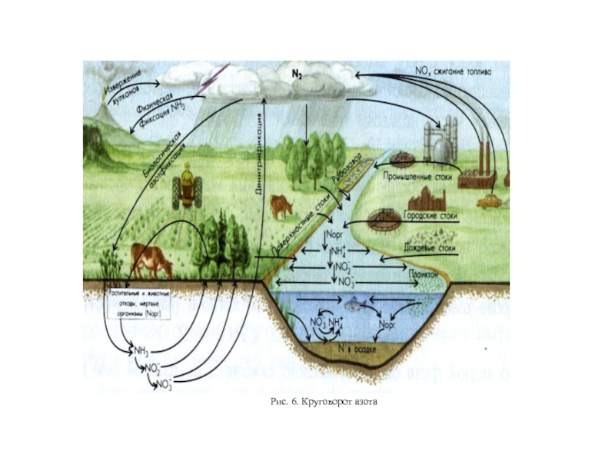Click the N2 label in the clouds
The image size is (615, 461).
click(x=295, y=75)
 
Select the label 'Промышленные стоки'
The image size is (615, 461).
click(x=418, y=175)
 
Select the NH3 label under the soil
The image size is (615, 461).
click(x=141, y=351)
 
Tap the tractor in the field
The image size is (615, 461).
click(x=184, y=186)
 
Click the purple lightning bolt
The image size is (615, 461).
click(x=209, y=79)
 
